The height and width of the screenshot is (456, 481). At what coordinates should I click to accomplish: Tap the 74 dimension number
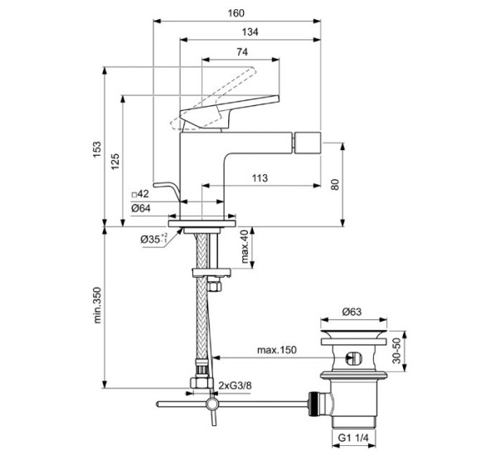point(242,51)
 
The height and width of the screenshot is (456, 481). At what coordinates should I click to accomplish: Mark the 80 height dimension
point(335,184)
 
